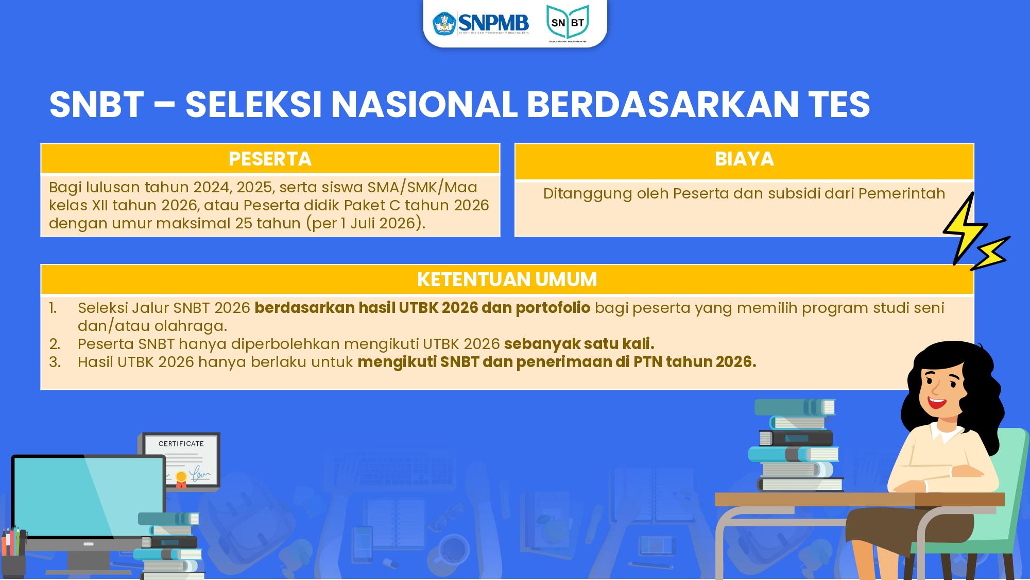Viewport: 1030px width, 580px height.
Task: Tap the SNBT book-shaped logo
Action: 568,23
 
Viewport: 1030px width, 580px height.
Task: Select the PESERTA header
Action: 270,159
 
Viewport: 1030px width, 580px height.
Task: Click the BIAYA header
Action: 744,159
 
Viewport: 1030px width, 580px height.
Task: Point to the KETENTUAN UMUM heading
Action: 507,279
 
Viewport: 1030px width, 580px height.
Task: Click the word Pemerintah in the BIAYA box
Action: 901,193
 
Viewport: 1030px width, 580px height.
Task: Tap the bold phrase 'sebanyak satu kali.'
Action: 579,344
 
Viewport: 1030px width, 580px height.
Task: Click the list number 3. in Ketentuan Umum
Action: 55,362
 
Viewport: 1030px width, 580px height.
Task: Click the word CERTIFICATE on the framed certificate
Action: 181,444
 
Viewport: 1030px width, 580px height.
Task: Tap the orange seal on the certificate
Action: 181,477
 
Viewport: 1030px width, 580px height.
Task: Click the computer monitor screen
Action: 88,495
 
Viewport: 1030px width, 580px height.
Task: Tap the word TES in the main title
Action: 839,105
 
